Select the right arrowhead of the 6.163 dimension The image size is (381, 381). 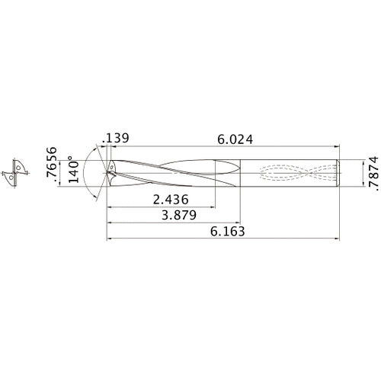pos(337,239)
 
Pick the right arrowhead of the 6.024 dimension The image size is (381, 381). pos(337,147)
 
